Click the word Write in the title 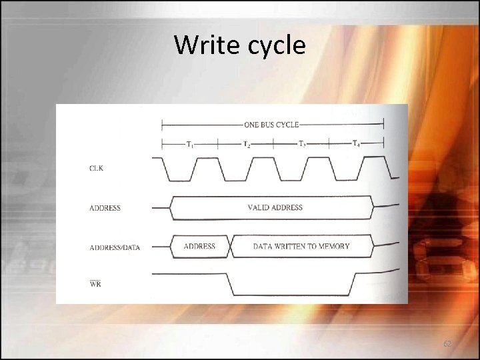(x=203, y=45)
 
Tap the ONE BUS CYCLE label (x=271, y=124)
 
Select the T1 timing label (x=190, y=144)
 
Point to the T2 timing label (x=246, y=145)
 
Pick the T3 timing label (x=302, y=144)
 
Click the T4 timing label (x=357, y=143)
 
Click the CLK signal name (x=97, y=169)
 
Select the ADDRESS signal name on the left (x=105, y=208)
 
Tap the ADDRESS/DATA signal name (x=115, y=247)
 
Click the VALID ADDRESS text (x=275, y=207)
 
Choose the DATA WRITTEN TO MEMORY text (x=301, y=246)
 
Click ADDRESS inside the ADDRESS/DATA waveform (x=199, y=246)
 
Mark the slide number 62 (x=447, y=343)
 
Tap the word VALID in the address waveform (x=259, y=207)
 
